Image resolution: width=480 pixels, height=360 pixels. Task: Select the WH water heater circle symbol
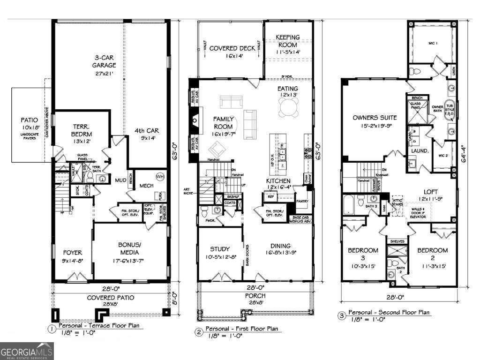coord(160,177)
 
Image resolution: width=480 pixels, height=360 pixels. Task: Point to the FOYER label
coord(72,255)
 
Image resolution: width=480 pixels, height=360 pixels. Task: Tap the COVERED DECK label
coord(232,52)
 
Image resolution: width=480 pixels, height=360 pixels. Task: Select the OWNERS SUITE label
coord(375,121)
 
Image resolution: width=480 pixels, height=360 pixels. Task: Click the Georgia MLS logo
coord(27,351)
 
